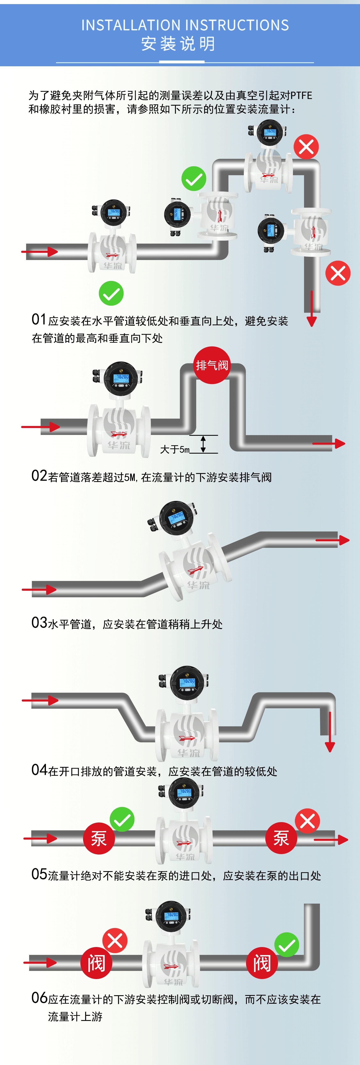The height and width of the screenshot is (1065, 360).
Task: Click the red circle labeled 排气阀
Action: tap(212, 365)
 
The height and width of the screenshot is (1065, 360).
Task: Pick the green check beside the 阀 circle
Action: tap(286, 945)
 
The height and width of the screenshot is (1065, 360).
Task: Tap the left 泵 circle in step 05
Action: tap(98, 839)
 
